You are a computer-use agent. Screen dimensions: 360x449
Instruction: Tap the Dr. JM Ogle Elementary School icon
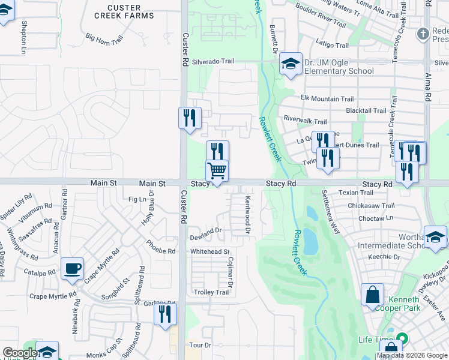[291, 64]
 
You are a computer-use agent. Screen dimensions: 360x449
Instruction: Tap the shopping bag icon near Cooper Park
[372, 295]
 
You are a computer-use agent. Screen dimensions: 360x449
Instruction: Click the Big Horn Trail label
[104, 38]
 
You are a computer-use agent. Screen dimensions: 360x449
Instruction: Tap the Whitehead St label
[210, 252]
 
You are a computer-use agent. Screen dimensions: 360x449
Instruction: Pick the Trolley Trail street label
[211, 292]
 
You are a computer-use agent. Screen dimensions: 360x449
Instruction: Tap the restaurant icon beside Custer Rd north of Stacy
[190, 118]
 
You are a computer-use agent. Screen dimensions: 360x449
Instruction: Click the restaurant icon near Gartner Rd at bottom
[164, 314]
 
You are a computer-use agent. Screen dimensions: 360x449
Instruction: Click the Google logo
[20, 353]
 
